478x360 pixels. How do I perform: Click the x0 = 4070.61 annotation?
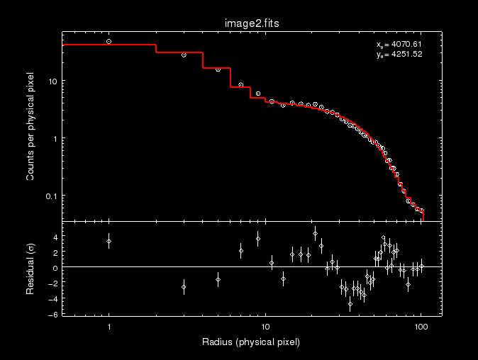pyautogui.click(x=399, y=45)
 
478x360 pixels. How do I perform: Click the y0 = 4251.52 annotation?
pyautogui.click(x=399, y=54)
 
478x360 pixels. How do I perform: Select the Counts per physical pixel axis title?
pyautogui.click(x=31, y=125)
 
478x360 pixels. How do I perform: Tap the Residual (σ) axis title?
pyautogui.click(x=31, y=269)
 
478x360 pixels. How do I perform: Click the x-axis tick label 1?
pyautogui.click(x=109, y=327)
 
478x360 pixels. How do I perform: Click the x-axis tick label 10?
pyautogui.click(x=265, y=327)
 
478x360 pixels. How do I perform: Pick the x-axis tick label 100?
pyautogui.click(x=421, y=327)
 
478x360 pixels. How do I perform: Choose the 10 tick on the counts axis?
pyautogui.click(x=52, y=81)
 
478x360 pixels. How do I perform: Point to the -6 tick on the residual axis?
pyautogui.click(x=53, y=313)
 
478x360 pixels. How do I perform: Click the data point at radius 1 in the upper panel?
pyautogui.click(x=109, y=42)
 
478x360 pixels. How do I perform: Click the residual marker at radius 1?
pyautogui.click(x=109, y=242)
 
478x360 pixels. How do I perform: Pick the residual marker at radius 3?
pyautogui.click(x=184, y=287)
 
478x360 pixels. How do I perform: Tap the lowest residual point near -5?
pyautogui.click(x=350, y=304)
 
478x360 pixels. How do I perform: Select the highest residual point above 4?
pyautogui.click(x=315, y=233)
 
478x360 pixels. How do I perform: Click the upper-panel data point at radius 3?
pyautogui.click(x=184, y=55)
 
